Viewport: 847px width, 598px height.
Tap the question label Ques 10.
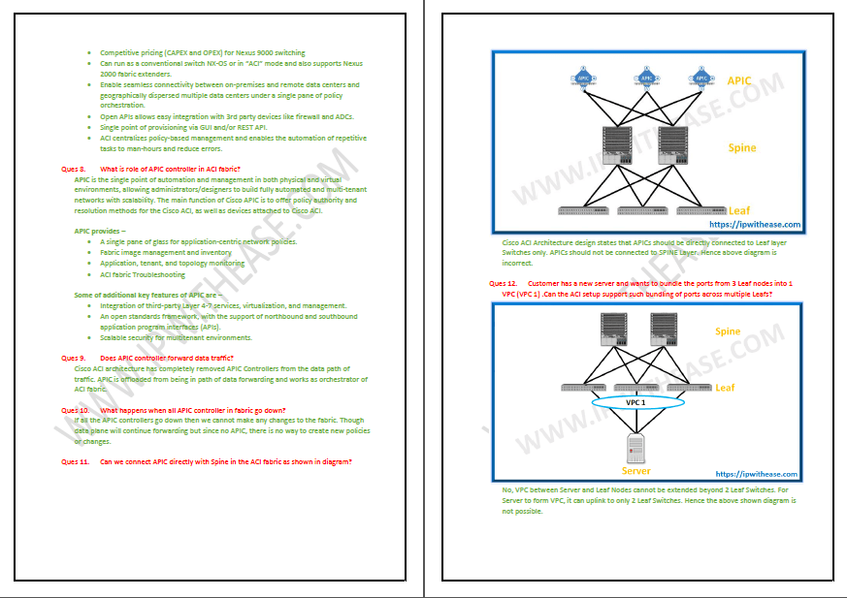pos(76,410)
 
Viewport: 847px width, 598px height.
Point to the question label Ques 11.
pos(76,461)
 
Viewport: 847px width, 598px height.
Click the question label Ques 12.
pos(503,283)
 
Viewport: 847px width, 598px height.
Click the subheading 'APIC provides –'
pos(100,231)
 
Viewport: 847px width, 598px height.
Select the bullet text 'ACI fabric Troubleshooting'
pos(143,274)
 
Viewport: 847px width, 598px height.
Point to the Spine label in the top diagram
pos(742,147)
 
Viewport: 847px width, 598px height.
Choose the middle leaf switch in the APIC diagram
pos(644,210)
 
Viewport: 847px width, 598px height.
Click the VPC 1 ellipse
pos(635,401)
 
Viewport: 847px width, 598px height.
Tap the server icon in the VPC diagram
pos(636,448)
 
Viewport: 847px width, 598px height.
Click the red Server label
pos(636,471)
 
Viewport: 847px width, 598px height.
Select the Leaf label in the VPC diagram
pos(725,388)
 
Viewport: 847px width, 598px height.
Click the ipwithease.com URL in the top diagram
pos(755,225)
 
